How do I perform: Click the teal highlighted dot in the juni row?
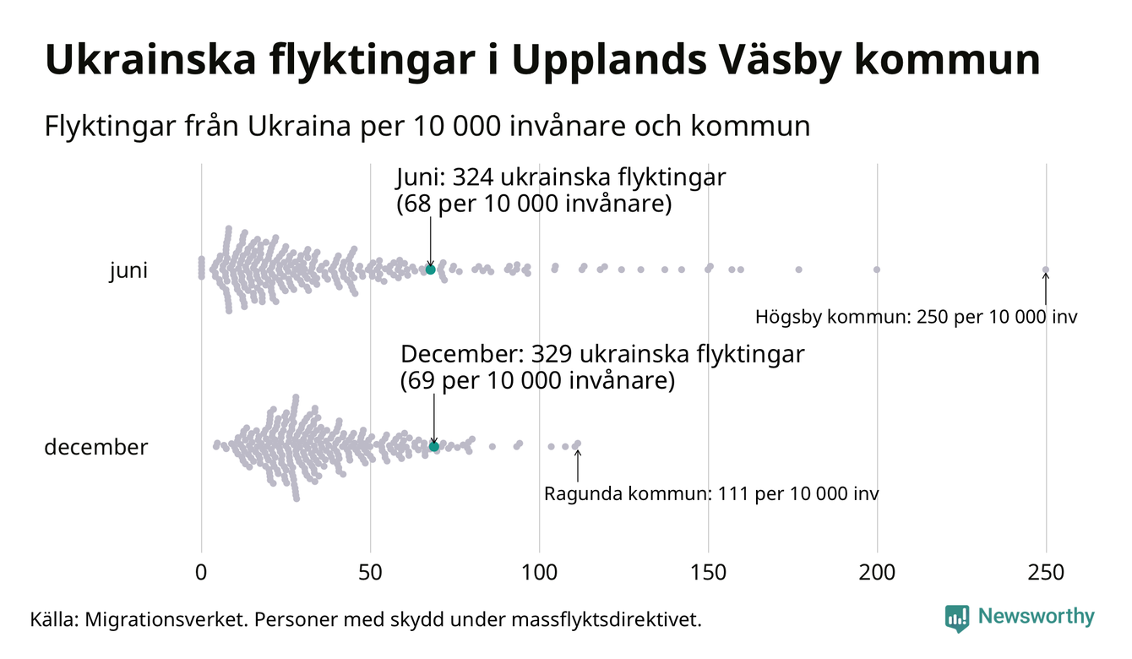tap(430, 270)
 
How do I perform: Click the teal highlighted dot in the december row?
tap(434, 446)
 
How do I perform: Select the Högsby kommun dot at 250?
tap(1046, 270)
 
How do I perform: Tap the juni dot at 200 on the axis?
tap(877, 270)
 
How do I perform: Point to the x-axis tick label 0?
tap(201, 573)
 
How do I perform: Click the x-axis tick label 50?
tap(370, 573)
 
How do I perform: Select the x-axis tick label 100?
tap(539, 573)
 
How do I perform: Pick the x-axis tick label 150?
tap(708, 573)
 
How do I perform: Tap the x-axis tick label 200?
tap(877, 573)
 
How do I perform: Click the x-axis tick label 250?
tap(1046, 573)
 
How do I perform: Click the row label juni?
tap(128, 271)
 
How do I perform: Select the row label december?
tap(95, 447)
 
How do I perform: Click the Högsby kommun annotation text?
tap(917, 319)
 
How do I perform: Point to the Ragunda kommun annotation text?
tap(710, 493)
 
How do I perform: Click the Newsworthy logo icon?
tap(957, 618)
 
